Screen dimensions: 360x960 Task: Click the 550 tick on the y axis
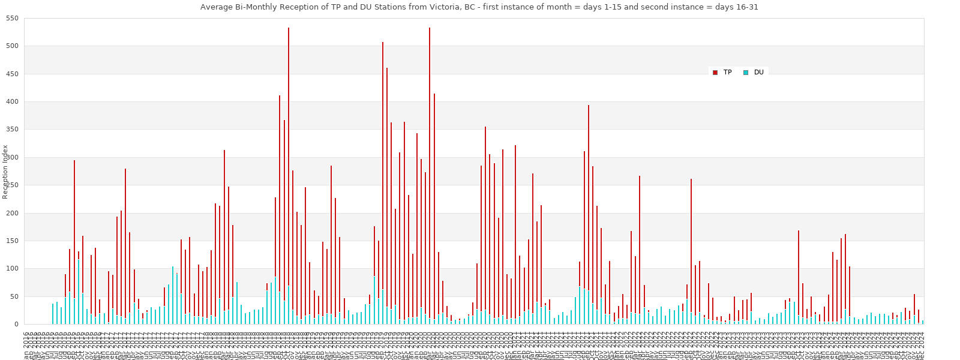click(13, 19)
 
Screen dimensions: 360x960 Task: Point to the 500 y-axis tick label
click(13, 46)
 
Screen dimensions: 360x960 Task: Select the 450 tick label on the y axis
click(13, 74)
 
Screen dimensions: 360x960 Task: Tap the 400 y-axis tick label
click(13, 102)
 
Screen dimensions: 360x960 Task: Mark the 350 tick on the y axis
click(13, 130)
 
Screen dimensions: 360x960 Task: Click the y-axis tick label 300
click(13, 158)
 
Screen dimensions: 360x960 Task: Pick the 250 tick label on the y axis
click(13, 185)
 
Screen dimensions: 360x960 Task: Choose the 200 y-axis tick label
click(13, 214)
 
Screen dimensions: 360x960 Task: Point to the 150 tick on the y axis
click(13, 241)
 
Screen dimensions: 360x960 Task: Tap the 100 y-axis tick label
click(13, 269)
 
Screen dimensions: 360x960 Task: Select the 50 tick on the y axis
click(15, 297)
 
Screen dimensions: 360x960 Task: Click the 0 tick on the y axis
click(17, 325)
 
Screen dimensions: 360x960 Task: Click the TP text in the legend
click(727, 73)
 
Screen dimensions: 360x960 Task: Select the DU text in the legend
click(758, 73)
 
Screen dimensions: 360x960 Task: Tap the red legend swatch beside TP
click(715, 73)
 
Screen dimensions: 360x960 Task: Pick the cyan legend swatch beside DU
click(745, 73)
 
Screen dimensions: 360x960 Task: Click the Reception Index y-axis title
click(5, 172)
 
